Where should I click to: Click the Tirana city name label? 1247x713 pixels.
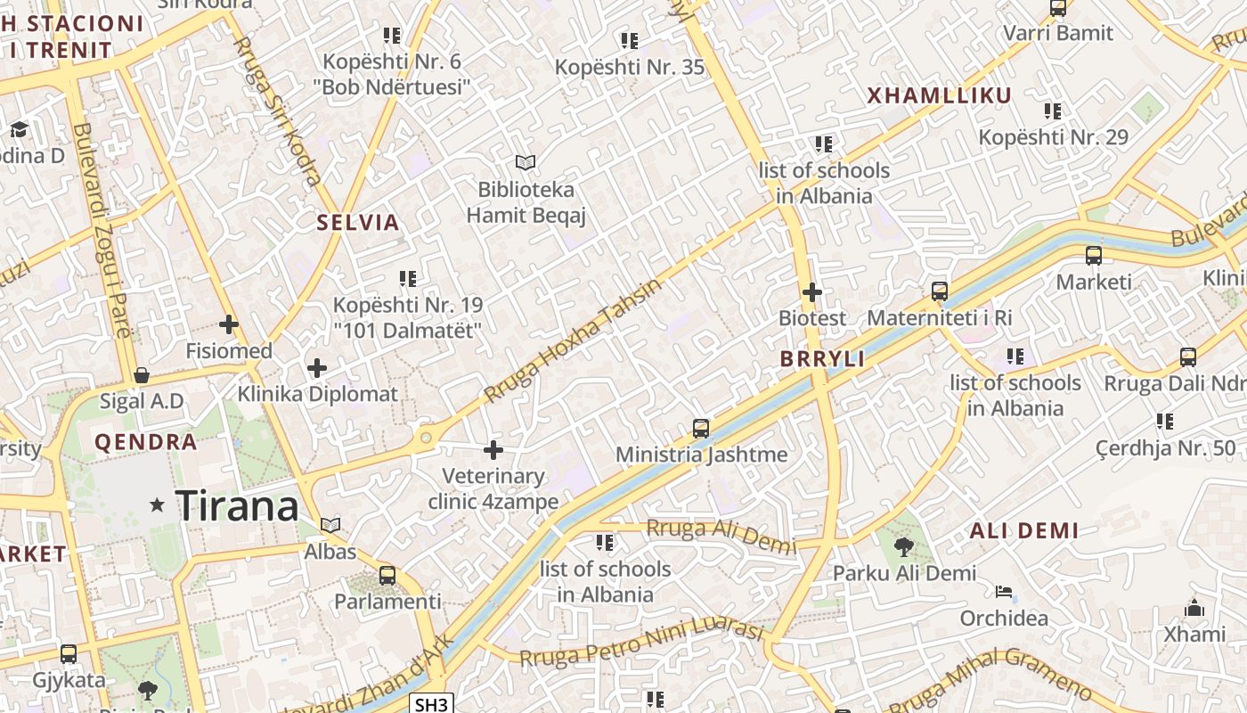237,506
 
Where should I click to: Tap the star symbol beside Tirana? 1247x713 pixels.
158,505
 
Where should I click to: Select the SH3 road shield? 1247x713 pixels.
432,704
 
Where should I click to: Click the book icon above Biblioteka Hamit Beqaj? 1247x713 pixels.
526,162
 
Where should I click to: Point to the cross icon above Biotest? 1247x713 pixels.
812,291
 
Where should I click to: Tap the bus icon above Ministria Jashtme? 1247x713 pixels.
701,429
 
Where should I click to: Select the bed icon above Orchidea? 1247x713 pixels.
1004,592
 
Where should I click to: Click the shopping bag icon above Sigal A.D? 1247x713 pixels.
142,375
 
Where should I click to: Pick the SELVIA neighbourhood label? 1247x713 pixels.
358,223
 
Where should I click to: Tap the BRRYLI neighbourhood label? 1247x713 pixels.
822,359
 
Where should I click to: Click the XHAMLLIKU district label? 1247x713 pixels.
939,96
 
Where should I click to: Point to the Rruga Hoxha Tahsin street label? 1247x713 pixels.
575,340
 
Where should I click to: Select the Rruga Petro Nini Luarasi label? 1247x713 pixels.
641,643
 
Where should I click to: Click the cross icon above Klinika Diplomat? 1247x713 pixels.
317,367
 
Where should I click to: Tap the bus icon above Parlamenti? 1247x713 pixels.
387,576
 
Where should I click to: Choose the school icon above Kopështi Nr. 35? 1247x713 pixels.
630,40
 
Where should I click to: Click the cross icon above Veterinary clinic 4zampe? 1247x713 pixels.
493,450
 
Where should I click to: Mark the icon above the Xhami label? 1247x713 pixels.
1194,609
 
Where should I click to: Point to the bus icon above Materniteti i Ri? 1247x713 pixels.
940,291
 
